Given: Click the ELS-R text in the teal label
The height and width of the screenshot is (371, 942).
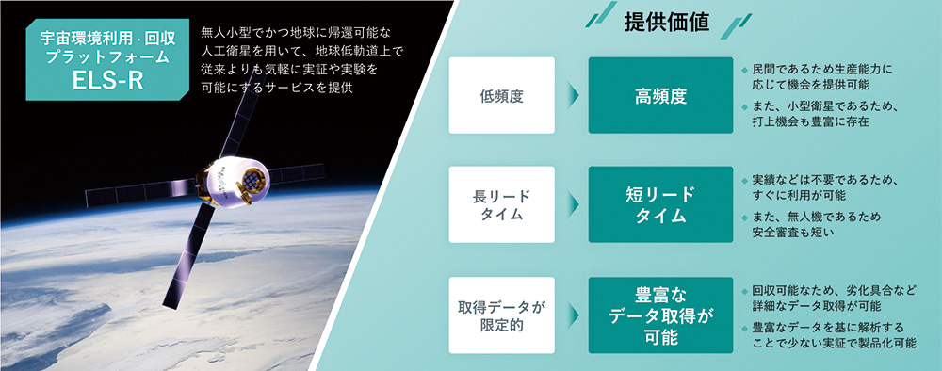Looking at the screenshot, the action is pos(107,80).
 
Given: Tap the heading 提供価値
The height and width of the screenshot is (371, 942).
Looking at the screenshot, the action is pos(667,23).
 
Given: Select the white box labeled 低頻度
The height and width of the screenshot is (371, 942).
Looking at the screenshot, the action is pos(502,95).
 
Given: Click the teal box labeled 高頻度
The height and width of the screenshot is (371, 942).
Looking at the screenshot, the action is pos(660,95).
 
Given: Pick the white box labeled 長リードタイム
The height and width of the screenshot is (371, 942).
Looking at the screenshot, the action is pos(502,204).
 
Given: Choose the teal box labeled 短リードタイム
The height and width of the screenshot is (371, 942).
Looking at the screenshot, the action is pos(660,204).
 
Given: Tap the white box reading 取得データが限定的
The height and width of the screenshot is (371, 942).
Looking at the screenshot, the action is pos(502,315).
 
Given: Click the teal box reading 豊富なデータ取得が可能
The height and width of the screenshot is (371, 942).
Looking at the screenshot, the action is pos(660,315).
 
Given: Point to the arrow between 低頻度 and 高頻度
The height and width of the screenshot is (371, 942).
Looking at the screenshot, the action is pos(573,95).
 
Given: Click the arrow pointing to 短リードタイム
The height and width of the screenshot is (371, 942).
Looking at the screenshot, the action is pos(573,204).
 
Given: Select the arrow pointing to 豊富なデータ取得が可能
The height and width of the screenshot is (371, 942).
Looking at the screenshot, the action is pos(573,315).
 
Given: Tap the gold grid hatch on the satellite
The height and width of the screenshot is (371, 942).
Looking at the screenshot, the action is pos(252,178).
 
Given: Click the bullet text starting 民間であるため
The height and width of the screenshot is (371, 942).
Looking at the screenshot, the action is pos(821,76).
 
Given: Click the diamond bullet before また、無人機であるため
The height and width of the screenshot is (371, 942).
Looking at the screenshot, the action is pos(745,218).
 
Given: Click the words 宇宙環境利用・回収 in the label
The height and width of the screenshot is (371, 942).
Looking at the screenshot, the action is pos(107,40).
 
